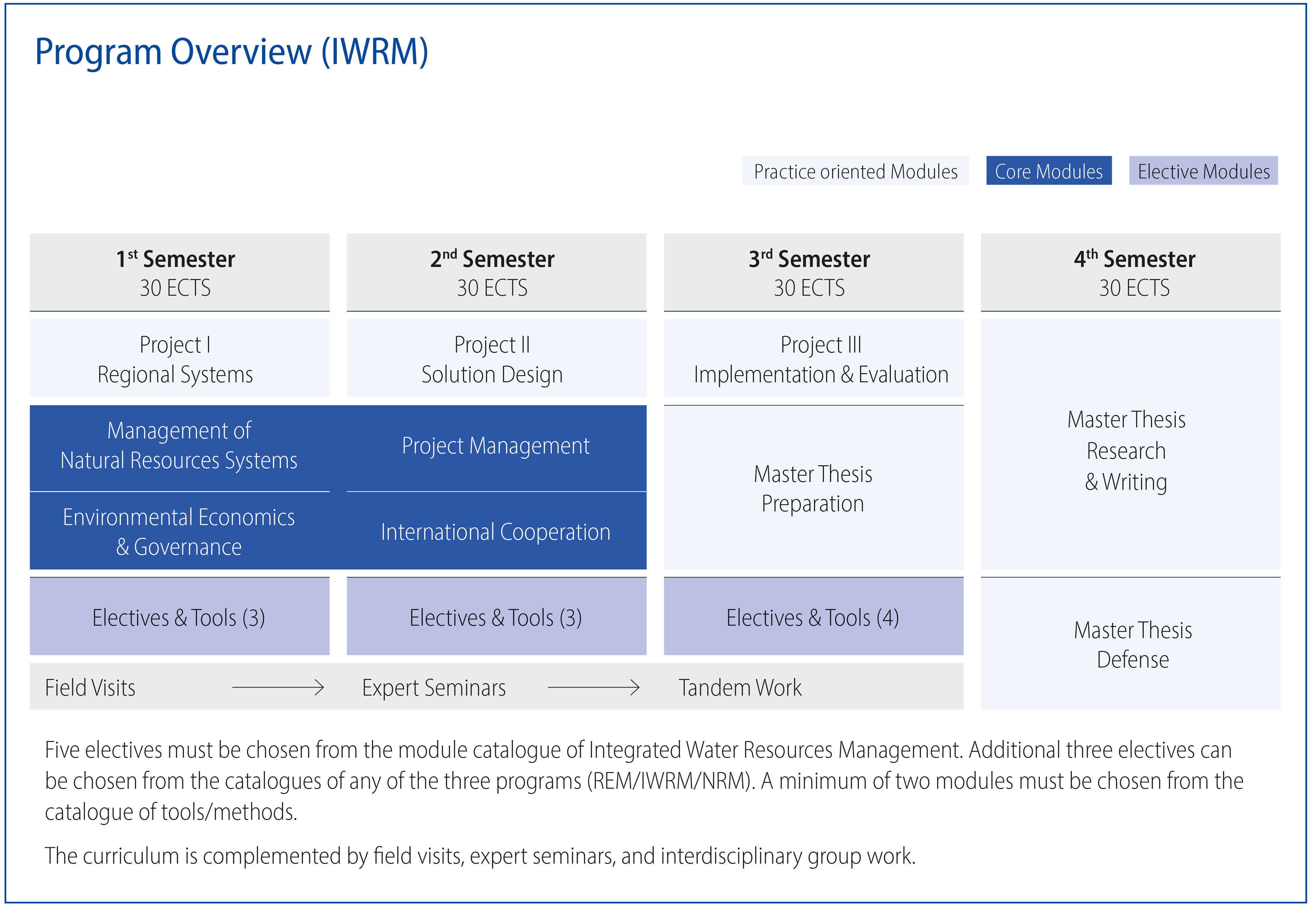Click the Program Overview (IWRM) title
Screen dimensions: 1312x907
click(231, 52)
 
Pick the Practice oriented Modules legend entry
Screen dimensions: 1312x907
click(855, 171)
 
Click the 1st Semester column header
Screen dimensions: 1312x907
click(180, 272)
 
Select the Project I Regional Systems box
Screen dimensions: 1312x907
click(180, 358)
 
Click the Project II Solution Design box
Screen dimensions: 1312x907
click(497, 358)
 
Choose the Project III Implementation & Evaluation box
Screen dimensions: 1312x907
click(814, 358)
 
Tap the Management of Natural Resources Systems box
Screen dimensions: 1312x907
click(180, 448)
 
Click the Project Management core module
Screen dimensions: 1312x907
click(497, 448)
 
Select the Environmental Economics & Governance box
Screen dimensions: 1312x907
click(180, 531)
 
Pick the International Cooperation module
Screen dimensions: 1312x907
click(497, 531)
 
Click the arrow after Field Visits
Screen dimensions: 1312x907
click(278, 688)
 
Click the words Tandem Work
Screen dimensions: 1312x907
click(740, 688)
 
